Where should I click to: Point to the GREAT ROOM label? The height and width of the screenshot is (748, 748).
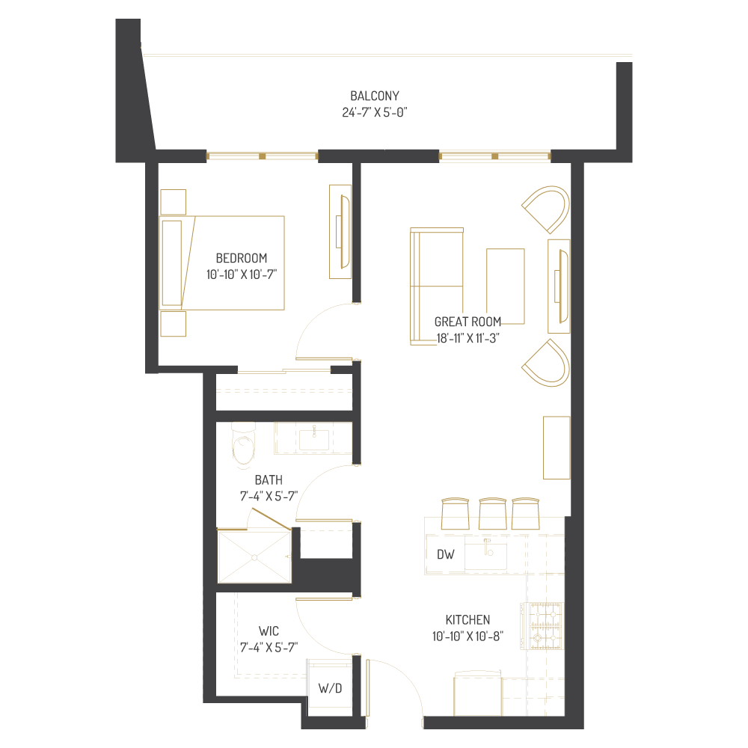[468, 322]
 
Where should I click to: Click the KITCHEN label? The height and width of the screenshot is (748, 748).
[467, 619]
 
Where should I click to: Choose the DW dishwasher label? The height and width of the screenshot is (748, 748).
[445, 555]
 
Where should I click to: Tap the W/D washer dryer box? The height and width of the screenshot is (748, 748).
[330, 688]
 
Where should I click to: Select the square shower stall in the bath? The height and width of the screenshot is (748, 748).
[253, 556]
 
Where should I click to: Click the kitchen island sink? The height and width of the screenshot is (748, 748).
[485, 556]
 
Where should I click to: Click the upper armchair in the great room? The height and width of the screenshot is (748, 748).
[548, 208]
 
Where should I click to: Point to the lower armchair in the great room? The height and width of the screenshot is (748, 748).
[548, 363]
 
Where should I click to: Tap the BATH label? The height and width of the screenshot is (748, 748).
[268, 479]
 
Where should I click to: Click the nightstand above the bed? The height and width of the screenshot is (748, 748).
[173, 202]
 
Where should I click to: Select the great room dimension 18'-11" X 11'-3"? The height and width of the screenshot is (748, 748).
[468, 337]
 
